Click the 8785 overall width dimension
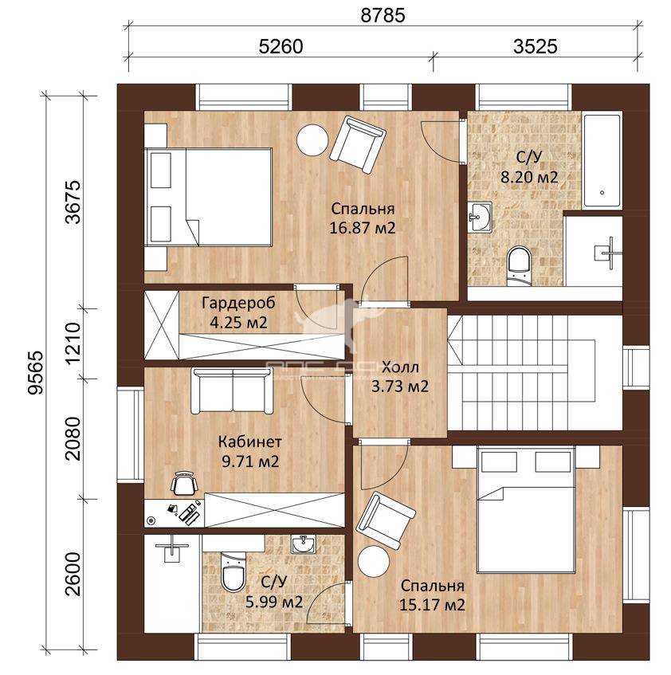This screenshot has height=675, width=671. [383, 15]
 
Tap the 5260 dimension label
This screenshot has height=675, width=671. [281, 46]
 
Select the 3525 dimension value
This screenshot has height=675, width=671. [535, 46]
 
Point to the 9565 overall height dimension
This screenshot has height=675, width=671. [36, 373]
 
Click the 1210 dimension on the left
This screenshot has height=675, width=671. [73, 343]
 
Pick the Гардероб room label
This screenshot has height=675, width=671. [238, 303]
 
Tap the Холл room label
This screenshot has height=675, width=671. [400, 367]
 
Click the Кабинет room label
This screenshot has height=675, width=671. [250, 441]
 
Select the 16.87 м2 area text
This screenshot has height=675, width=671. [362, 227]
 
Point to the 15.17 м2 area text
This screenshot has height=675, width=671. [432, 605]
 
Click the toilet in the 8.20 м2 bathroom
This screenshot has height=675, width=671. [520, 265]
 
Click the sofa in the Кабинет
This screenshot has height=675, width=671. [233, 390]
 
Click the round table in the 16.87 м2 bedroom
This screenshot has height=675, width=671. [313, 140]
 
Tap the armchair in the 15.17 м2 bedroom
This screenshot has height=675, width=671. [386, 521]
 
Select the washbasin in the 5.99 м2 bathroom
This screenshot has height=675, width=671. [303, 544]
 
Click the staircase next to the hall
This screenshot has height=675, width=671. [535, 373]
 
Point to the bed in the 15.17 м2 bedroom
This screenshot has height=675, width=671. [526, 510]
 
